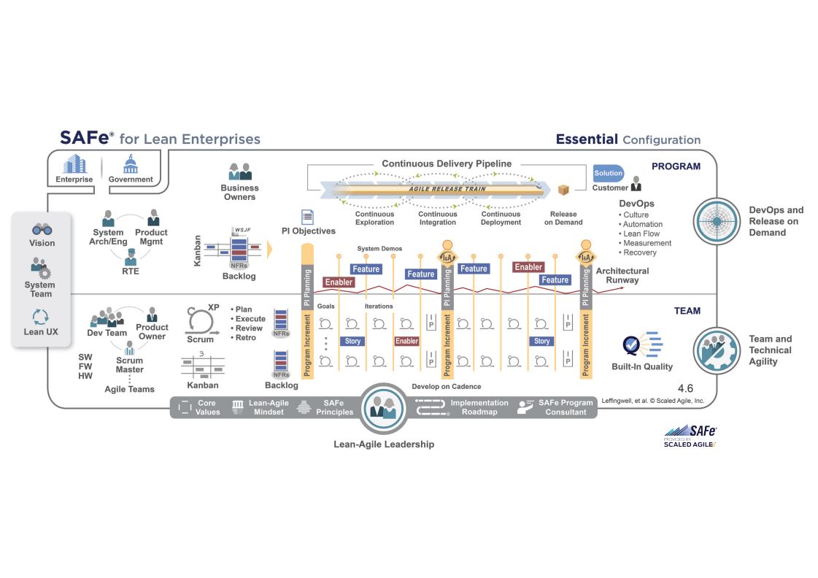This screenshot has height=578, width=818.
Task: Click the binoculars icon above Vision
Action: [x=42, y=228]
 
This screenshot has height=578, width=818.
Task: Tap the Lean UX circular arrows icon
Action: [x=40, y=317]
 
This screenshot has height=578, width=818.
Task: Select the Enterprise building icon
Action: [x=74, y=164]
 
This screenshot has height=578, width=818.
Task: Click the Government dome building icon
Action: [x=131, y=164]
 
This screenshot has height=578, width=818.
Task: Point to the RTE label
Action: [x=131, y=271]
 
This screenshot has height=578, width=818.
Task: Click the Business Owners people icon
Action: [x=240, y=172]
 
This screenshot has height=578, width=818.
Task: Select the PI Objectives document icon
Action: [x=308, y=217]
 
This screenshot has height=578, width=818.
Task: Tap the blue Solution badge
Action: [x=608, y=173]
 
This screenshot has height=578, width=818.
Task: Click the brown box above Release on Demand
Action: [x=563, y=190]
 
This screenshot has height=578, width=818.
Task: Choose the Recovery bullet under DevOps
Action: [x=640, y=253]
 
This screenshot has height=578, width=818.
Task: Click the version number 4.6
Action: [x=685, y=389]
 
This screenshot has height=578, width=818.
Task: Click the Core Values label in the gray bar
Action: [x=207, y=407]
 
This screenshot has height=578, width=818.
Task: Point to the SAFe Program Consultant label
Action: [x=566, y=407]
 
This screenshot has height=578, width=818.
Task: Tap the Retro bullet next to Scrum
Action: [x=246, y=338]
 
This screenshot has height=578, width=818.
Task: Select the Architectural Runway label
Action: [x=622, y=275]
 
